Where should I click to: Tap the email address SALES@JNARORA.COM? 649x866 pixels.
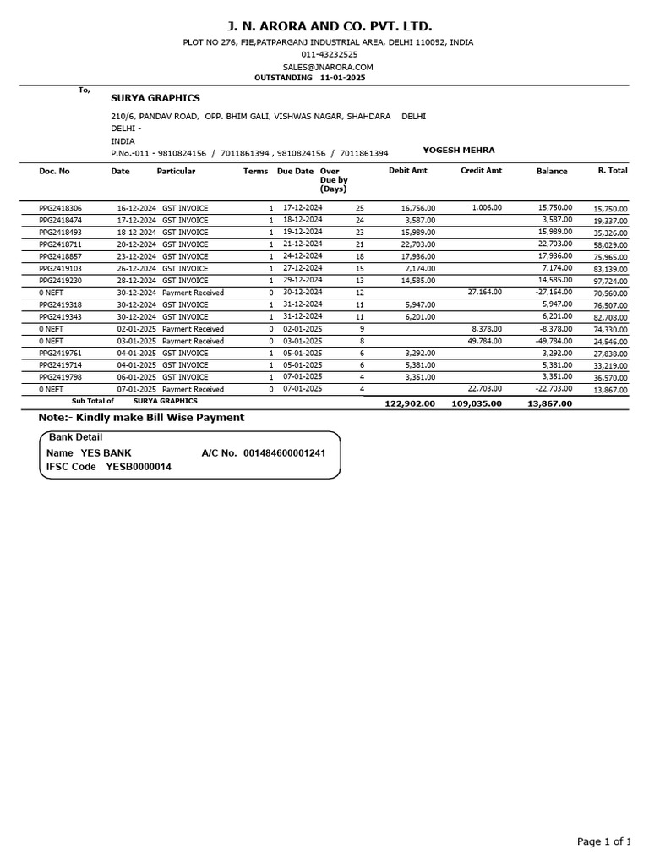click(x=328, y=67)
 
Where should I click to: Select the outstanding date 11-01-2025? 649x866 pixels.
click(x=343, y=78)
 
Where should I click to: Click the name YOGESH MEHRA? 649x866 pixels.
click(x=459, y=151)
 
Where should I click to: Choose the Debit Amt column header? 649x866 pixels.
click(x=408, y=171)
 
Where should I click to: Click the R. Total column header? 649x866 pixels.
click(x=613, y=171)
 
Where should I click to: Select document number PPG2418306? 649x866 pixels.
click(x=61, y=208)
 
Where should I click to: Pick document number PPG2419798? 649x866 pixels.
click(x=61, y=377)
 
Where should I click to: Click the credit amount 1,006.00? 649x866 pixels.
click(x=487, y=207)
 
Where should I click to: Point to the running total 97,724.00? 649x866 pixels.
click(x=610, y=281)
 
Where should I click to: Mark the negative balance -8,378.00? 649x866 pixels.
click(x=555, y=329)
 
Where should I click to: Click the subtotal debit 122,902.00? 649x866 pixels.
click(x=410, y=403)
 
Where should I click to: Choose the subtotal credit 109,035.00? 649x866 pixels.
click(x=477, y=403)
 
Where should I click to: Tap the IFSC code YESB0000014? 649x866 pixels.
click(x=139, y=467)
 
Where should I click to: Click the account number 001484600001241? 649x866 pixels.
click(x=285, y=453)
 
